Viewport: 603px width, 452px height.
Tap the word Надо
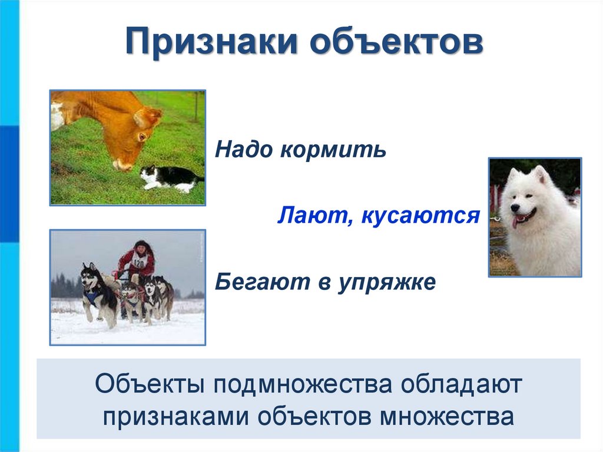(x=243, y=150)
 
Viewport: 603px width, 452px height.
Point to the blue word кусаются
(x=419, y=216)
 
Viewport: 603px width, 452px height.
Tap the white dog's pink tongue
(x=516, y=222)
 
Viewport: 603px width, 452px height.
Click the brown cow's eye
(x=142, y=137)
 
